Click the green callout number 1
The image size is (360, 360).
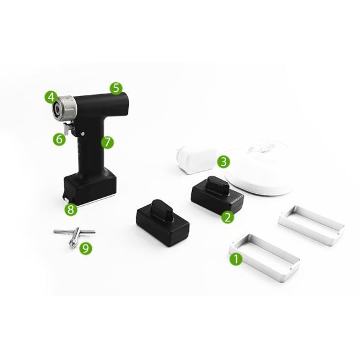pyautogui.click(x=236, y=259)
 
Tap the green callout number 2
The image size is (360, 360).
pyautogui.click(x=227, y=217)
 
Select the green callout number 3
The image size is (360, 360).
pyautogui.click(x=223, y=162)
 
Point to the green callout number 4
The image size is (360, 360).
pyautogui.click(x=51, y=97)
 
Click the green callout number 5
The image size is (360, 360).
pyautogui.click(x=116, y=88)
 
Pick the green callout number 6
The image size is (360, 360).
pyautogui.click(x=59, y=139)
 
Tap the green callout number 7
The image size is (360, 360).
pyautogui.click(x=107, y=142)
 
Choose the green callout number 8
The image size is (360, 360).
pyautogui.click(x=71, y=209)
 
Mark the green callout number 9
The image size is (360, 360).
pyautogui.click(x=86, y=248)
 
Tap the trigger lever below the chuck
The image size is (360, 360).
pyautogui.click(x=68, y=128)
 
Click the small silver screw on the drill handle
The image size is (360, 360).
pyautogui.click(x=83, y=133)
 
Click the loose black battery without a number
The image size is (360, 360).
pyautogui.click(x=163, y=223)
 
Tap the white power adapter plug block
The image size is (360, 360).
pyautogui.click(x=196, y=160)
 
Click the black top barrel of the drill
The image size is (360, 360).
pyautogui.click(x=102, y=104)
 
